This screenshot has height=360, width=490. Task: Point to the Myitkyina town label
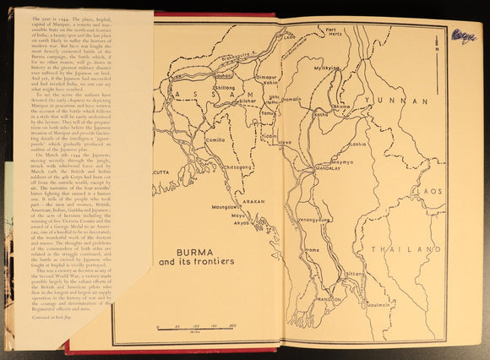pos(326,90)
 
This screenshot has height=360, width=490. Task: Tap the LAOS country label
pos(430,191)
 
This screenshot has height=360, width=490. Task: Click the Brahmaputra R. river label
pos(239,59)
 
